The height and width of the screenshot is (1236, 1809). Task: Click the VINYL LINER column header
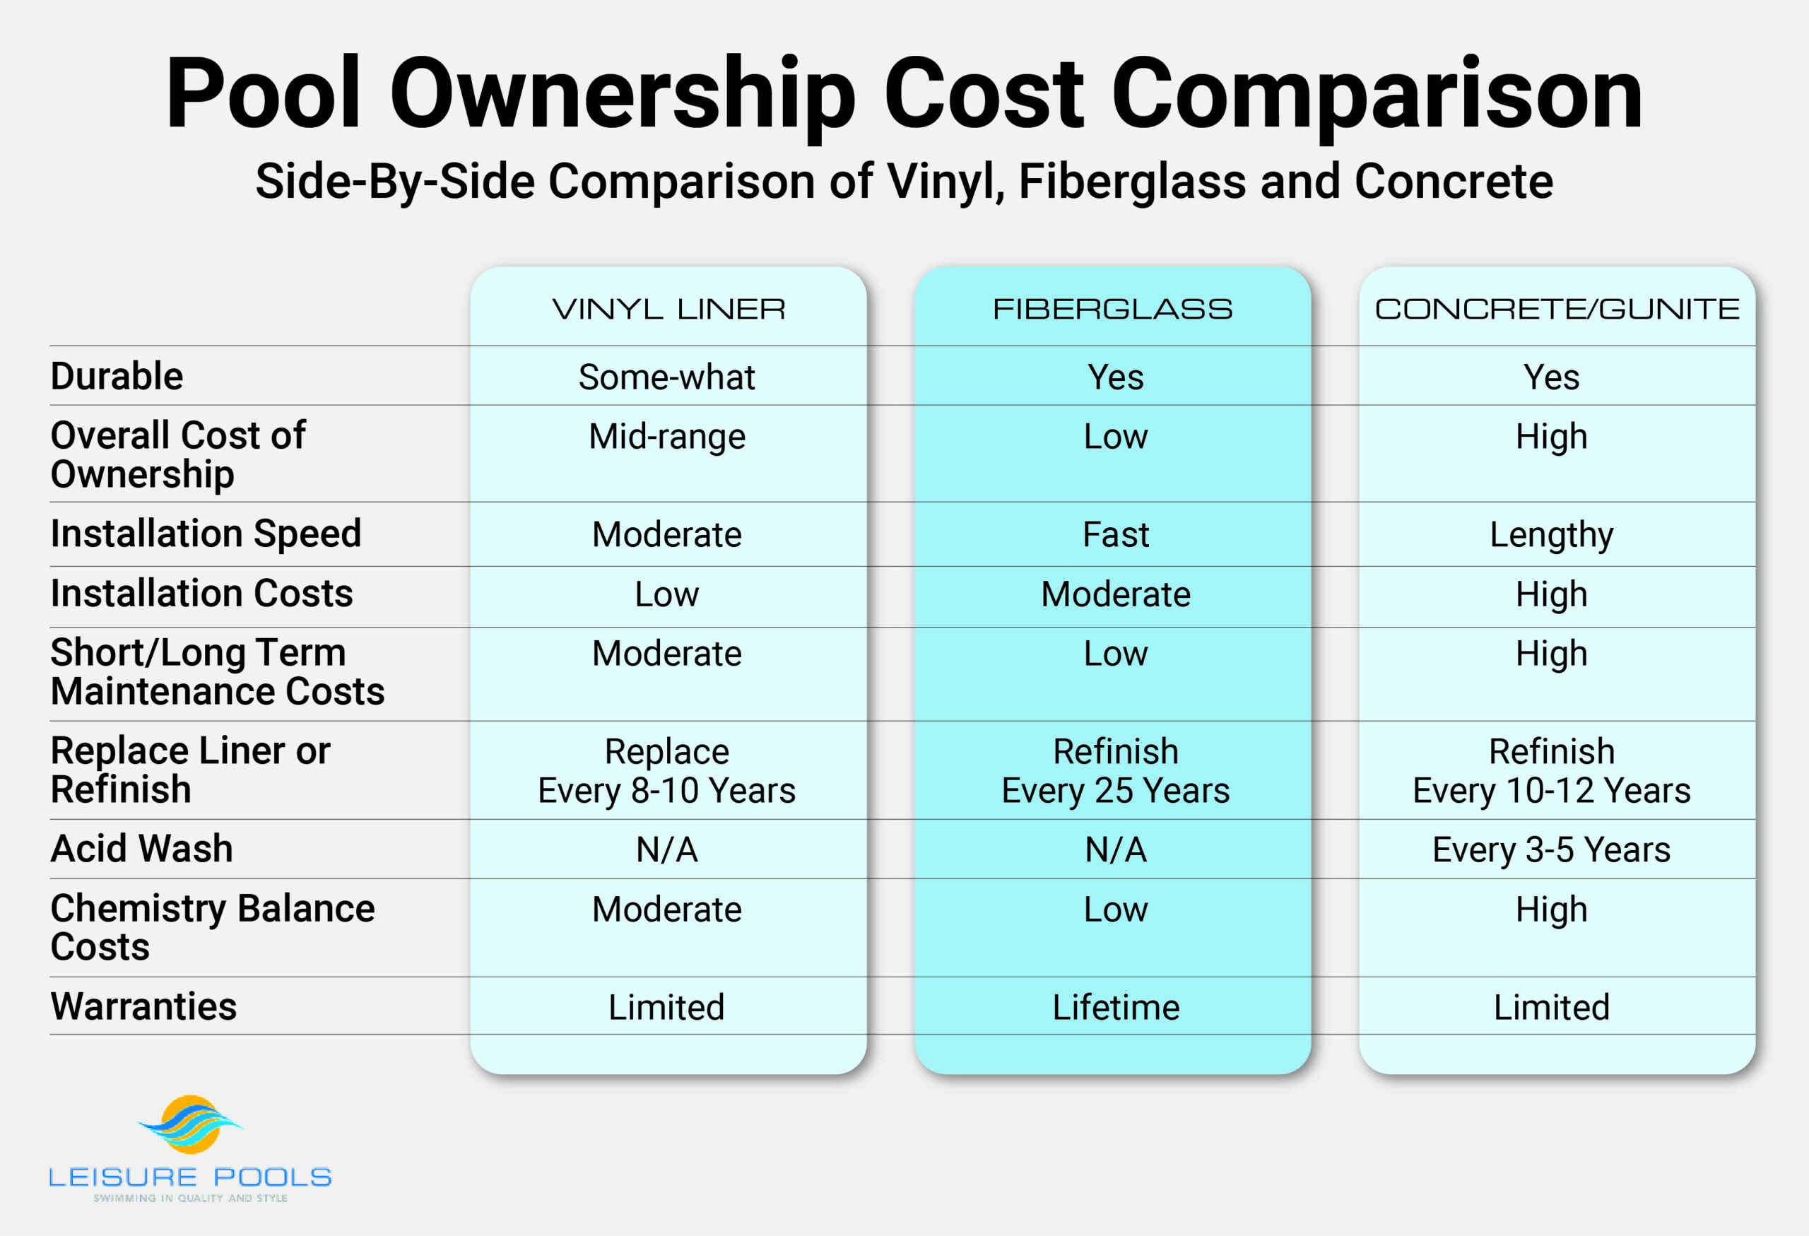[668, 309]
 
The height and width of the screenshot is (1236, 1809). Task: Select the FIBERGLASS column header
[1112, 309]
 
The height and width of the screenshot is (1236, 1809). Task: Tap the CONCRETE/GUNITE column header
[1557, 309]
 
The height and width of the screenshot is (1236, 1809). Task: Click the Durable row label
[117, 376]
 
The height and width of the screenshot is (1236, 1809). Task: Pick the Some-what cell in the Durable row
[666, 377]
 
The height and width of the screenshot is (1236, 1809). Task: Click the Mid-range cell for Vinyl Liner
[666, 436]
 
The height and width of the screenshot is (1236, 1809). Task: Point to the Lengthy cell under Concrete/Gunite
[1550, 535]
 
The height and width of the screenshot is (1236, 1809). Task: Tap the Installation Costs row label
[201, 593]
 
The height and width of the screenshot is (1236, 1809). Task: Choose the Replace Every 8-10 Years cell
[666, 770]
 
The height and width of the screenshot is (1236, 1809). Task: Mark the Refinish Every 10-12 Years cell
[1550, 770]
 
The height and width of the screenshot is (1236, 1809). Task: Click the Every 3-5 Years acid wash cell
[1550, 849]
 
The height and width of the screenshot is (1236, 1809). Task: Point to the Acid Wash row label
[141, 849]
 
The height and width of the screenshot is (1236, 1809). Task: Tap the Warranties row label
[143, 1006]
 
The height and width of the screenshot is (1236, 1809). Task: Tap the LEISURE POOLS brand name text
[190, 1177]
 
